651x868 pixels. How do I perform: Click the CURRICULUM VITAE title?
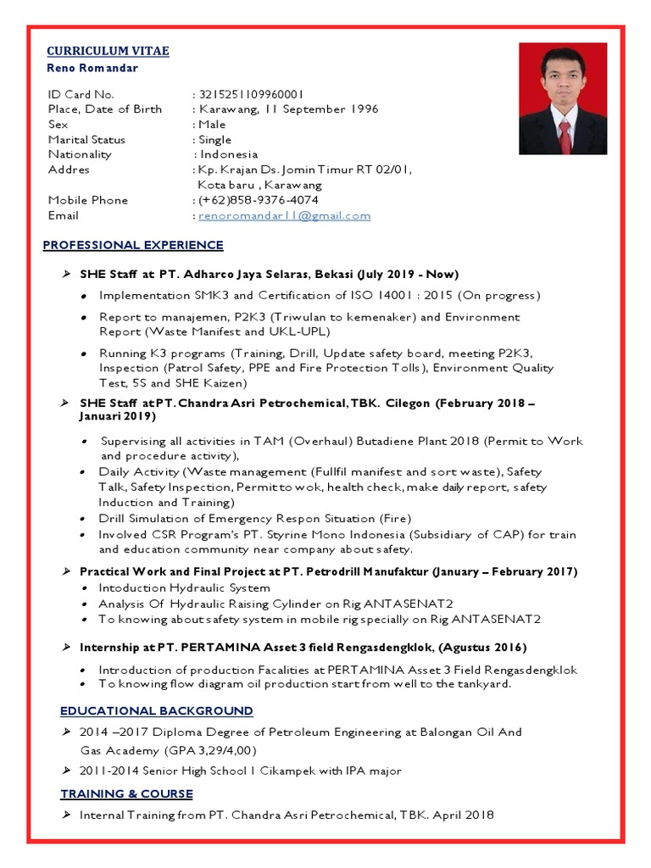coord(107,51)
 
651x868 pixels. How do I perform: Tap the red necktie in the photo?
coord(564,136)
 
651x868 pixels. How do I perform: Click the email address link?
coord(284,215)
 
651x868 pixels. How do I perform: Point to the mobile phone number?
coord(259,200)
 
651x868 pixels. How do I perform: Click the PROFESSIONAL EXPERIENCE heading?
coord(133,245)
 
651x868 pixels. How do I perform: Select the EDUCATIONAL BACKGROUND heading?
coord(156,710)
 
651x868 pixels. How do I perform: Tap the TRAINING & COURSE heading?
coord(126,793)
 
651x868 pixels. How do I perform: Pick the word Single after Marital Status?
coord(214,140)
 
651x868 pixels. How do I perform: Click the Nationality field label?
coord(79,154)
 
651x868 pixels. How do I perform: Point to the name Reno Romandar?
coord(92,68)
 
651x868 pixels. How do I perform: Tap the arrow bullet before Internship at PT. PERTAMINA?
coord(66,647)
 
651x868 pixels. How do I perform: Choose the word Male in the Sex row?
coord(212,125)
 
